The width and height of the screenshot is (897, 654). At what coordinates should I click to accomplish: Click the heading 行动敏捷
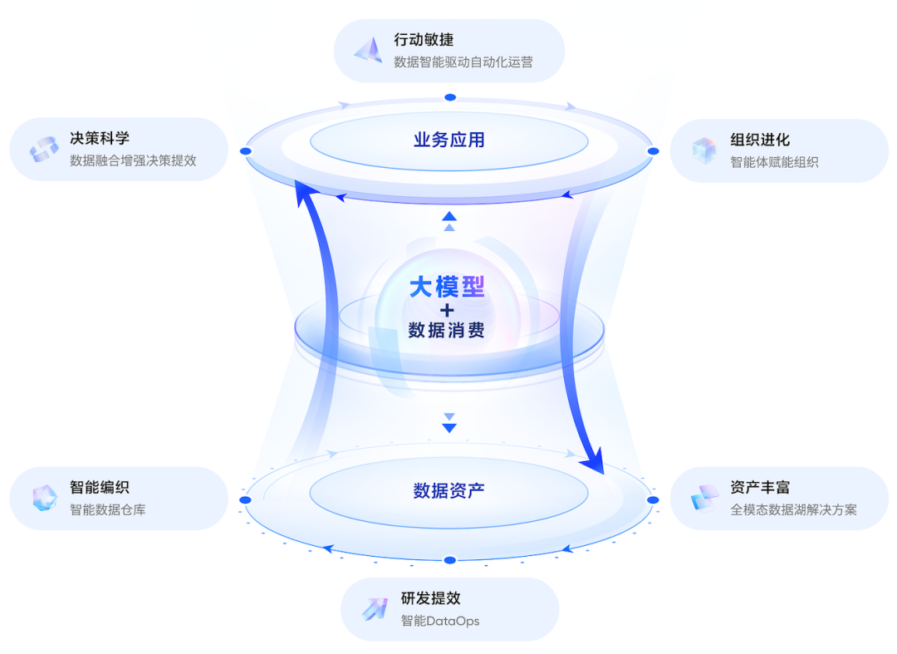tap(424, 40)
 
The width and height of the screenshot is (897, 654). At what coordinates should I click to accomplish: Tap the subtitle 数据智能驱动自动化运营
tap(463, 61)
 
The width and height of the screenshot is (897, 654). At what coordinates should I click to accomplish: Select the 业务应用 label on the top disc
tap(449, 140)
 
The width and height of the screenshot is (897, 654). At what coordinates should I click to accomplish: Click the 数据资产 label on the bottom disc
tap(449, 490)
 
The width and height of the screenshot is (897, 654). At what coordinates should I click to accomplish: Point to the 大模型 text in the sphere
tap(448, 287)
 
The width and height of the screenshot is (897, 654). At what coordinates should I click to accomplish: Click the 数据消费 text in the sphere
tap(447, 330)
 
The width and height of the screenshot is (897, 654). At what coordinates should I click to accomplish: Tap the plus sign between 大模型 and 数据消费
tap(448, 310)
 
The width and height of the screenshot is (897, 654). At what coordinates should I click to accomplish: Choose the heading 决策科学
tap(100, 138)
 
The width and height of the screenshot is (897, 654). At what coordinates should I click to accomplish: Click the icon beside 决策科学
tap(44, 150)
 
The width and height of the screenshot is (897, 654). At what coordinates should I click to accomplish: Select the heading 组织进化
tap(760, 140)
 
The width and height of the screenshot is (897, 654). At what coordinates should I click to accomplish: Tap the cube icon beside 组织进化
tap(704, 150)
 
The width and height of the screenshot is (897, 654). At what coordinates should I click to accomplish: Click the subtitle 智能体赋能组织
tap(774, 162)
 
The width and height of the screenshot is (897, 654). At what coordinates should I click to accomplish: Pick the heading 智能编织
tap(100, 487)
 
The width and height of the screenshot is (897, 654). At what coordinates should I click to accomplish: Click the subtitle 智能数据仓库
tap(107, 509)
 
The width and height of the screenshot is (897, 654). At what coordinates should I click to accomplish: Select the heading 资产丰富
tap(760, 487)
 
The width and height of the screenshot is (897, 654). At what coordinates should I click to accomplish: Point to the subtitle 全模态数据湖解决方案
tap(793, 509)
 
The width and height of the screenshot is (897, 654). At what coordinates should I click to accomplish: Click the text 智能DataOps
tap(440, 620)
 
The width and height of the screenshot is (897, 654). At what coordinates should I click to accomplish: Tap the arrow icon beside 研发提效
tap(375, 609)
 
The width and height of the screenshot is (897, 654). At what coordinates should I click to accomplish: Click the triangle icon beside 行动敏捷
tap(369, 51)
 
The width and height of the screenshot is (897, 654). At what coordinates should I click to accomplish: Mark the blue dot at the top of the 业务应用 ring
tap(450, 97)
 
